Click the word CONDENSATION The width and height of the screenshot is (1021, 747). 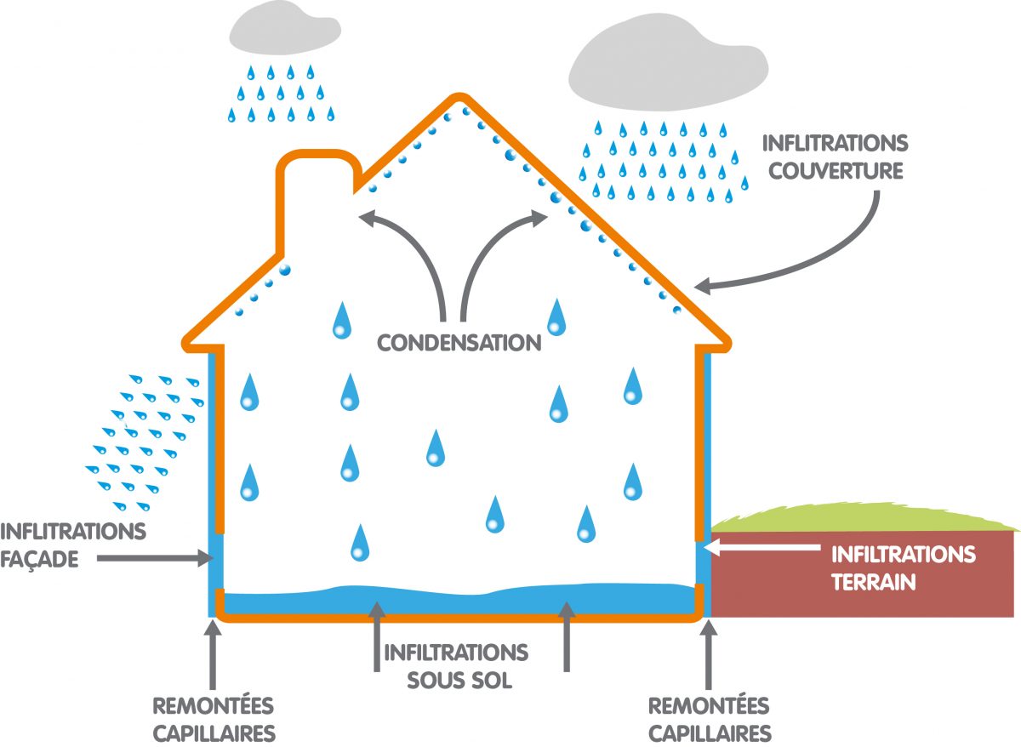459,343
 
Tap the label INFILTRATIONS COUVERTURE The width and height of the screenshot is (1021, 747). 835,156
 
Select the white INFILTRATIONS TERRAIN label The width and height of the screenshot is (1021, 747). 903,568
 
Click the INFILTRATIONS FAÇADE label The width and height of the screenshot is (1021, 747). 73,545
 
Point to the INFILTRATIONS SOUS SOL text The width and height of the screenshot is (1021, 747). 456,666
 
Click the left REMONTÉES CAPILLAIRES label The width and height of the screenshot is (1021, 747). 214,719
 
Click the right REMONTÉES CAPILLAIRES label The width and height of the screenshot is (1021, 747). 709,719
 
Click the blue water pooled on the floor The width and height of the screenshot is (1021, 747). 459,598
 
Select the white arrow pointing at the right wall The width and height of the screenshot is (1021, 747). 766,541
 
